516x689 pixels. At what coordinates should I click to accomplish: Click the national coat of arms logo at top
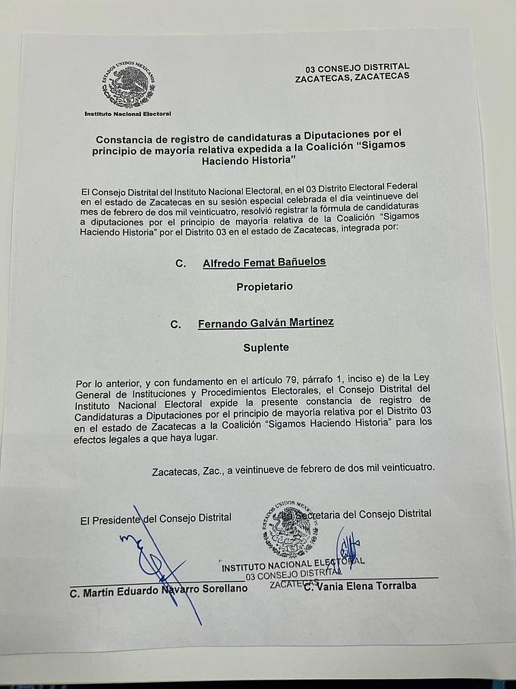tap(128, 85)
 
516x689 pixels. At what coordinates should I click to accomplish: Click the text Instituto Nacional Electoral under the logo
tap(128, 114)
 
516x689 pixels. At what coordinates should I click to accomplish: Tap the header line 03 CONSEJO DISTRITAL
tap(358, 67)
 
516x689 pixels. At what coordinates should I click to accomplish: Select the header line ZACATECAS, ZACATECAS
tap(352, 77)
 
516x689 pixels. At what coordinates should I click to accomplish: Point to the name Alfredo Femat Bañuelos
tap(264, 263)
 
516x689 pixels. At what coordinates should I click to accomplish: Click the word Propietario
tap(264, 287)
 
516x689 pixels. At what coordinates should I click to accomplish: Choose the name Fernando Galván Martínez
tap(265, 323)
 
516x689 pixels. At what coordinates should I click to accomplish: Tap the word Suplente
tap(266, 347)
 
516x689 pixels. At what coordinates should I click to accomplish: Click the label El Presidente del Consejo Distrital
tap(156, 519)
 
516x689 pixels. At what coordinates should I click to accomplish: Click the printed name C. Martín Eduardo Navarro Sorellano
tap(158, 589)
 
